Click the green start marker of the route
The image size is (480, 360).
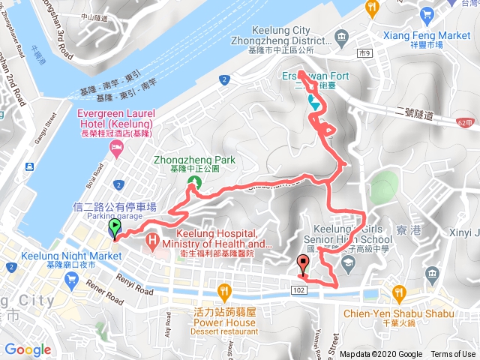tap(114, 227)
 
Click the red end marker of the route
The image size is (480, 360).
tap(303, 264)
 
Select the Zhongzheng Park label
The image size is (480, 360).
tap(194, 160)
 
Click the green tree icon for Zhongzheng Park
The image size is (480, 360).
tap(195, 182)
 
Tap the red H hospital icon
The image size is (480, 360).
tap(153, 241)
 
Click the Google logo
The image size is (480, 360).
tap(28, 349)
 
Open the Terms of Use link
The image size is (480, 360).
tap(453, 355)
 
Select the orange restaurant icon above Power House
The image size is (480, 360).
tap(223, 292)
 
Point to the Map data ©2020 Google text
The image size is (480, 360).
tap(380, 355)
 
